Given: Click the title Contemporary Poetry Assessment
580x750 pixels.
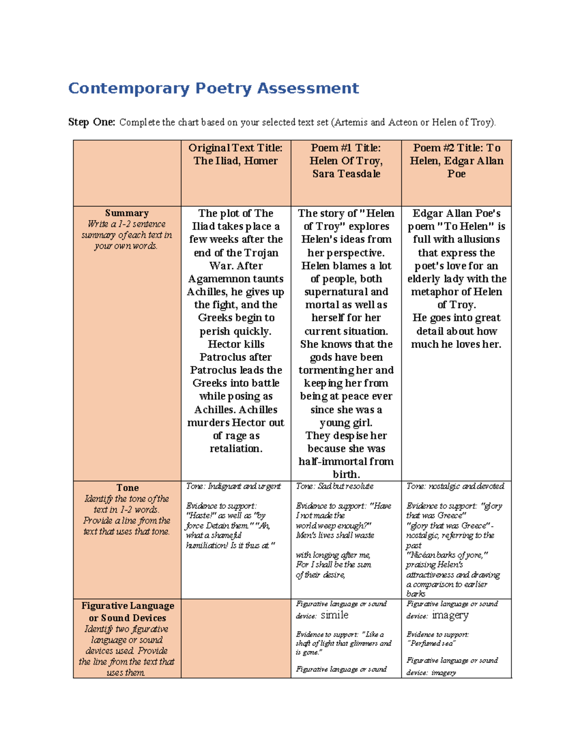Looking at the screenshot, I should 213,88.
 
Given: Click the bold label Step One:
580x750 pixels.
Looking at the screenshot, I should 91,122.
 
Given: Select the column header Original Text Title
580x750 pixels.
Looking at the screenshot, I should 235,148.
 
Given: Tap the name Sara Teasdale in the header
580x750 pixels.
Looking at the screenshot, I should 346,174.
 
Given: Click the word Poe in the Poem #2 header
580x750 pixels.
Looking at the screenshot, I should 456,174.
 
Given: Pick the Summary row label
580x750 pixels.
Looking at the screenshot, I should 127,213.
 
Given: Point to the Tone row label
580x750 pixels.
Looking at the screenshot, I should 127,488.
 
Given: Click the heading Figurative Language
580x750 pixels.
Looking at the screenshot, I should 128,606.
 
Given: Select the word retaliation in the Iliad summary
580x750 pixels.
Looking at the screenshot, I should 235,449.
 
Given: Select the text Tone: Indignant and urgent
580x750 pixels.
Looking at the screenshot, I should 233,486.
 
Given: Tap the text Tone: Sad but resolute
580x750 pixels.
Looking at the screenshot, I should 334,486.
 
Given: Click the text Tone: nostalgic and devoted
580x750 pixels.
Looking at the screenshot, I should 455,486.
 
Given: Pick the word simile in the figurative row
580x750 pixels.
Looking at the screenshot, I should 334,615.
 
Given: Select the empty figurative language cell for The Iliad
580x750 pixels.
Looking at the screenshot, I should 235,638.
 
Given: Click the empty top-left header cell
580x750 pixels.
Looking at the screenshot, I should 127,173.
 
